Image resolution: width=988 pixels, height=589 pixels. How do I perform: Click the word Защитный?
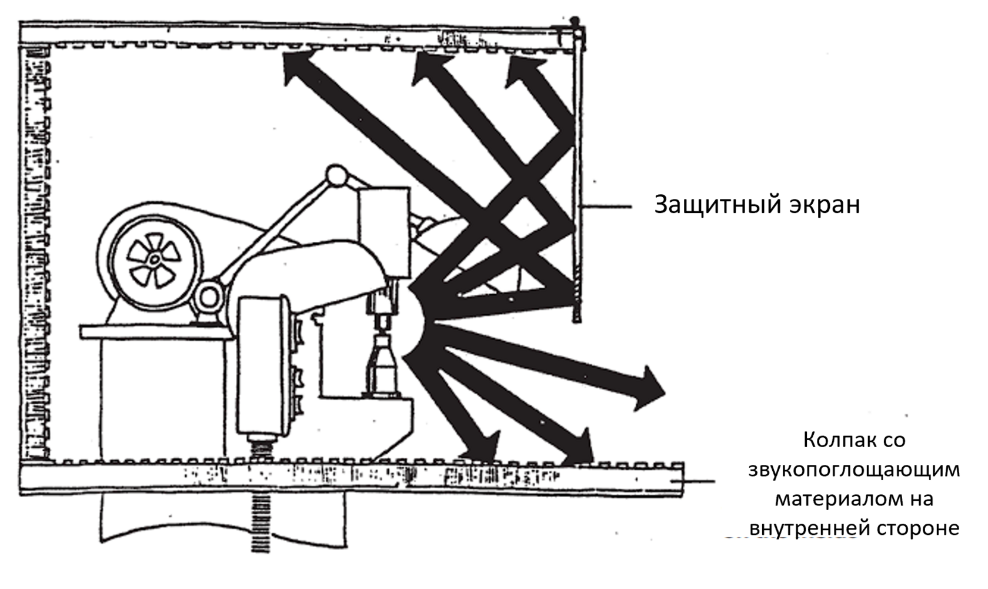[712, 205]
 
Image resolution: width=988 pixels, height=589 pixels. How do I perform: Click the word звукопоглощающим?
[854, 470]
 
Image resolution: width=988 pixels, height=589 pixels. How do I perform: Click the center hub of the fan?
[153, 259]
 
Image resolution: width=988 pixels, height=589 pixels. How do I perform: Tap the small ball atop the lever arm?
[337, 175]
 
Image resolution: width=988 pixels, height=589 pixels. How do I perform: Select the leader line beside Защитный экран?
[606, 207]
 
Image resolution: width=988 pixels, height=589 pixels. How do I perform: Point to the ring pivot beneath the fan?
[209, 300]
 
